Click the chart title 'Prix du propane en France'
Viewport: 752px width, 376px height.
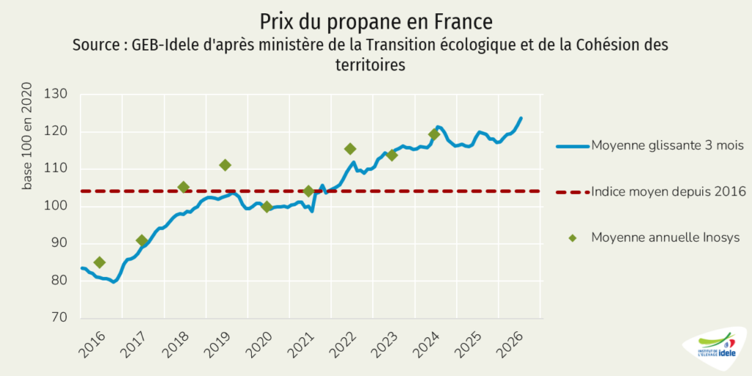[x=376, y=22]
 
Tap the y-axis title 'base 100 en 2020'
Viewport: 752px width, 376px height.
[x=27, y=136]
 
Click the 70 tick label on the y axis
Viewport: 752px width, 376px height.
[x=65, y=318]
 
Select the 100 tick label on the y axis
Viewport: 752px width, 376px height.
[x=62, y=206]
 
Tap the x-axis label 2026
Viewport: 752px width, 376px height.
[x=511, y=345]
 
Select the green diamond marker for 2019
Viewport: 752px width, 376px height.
[x=225, y=165]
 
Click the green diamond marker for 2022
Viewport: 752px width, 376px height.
[x=350, y=148]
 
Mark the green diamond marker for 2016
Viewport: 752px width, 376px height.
[x=99, y=262]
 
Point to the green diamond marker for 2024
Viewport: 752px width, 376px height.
[x=434, y=134]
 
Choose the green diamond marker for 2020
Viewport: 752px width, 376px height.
[x=267, y=207]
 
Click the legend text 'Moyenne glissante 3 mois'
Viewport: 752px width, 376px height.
[x=668, y=145]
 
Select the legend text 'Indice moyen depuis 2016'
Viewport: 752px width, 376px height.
[x=668, y=192]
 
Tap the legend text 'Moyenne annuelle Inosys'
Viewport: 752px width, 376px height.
[x=665, y=237]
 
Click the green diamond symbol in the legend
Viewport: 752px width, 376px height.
[x=573, y=238]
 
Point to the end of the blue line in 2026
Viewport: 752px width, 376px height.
[x=521, y=117]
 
